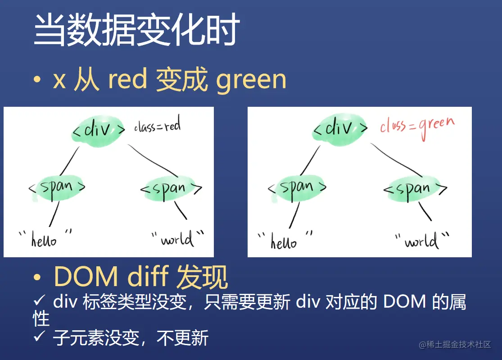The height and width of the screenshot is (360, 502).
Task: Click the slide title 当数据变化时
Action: point(137,29)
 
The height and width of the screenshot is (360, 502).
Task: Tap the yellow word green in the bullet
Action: point(251,80)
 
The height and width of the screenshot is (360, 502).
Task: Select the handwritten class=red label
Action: point(157,125)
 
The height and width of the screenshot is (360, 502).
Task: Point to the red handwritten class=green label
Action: point(417,127)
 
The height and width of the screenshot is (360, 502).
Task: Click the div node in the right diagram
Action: point(340,129)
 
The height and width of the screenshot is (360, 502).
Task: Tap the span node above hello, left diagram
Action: point(57,188)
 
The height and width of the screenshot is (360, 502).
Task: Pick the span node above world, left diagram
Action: point(171,189)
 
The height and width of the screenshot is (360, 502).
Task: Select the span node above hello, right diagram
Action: point(297,188)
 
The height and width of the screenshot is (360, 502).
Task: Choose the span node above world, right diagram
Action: point(415,189)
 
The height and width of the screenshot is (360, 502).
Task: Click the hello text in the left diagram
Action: point(44,239)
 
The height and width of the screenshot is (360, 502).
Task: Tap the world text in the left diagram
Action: point(177,239)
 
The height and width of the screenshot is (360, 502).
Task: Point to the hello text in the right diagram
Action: point(284,241)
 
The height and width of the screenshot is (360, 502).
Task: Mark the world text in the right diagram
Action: point(421,241)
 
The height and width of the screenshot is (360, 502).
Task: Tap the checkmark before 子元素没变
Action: point(39,336)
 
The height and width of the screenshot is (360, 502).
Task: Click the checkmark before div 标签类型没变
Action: point(39,300)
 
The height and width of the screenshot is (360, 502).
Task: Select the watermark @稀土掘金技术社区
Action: point(455,345)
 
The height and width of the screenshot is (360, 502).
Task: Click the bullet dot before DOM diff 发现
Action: point(37,278)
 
